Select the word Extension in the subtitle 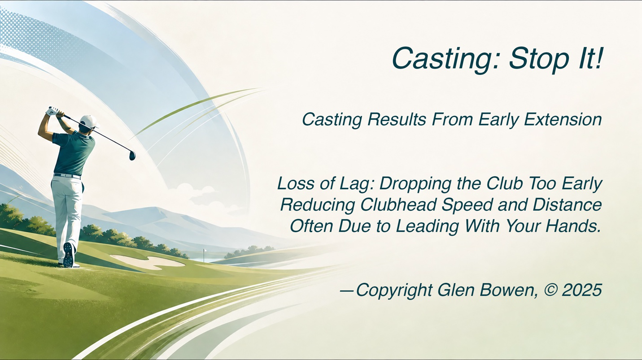tap(563, 120)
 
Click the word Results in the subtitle tap(397, 120)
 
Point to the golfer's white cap tap(89, 121)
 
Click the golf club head tap(132, 156)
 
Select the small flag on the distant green tap(205, 252)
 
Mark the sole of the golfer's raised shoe tap(69, 255)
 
